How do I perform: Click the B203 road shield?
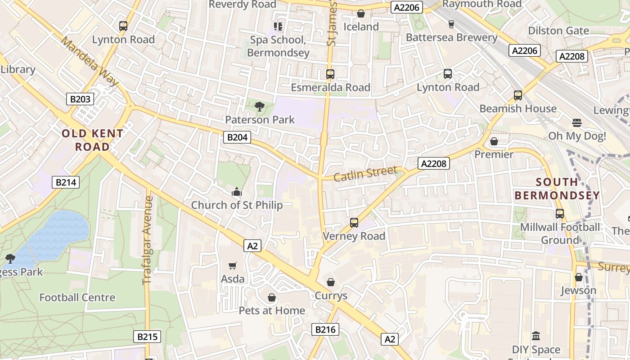pos(80,99)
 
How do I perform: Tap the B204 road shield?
pos(237,137)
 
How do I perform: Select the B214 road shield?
pos(66,182)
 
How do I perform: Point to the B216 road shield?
pos(325,329)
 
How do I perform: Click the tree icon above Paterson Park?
pos(259,107)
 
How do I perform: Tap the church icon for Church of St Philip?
pos(237,193)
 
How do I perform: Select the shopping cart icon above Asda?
pos(232,266)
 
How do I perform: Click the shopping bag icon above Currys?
pos(331,282)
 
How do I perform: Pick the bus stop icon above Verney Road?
pos(354,223)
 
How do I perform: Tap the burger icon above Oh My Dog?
pos(577,123)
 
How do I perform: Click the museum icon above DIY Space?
pos(535,336)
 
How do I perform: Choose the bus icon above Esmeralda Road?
pos(330,74)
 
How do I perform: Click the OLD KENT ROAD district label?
pos(92,140)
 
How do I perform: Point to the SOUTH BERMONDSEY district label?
pos(557,189)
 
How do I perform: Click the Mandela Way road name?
pos(89,61)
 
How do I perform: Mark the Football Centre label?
pos(77,297)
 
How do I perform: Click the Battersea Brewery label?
pos(451,37)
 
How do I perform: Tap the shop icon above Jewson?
pos(578,277)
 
